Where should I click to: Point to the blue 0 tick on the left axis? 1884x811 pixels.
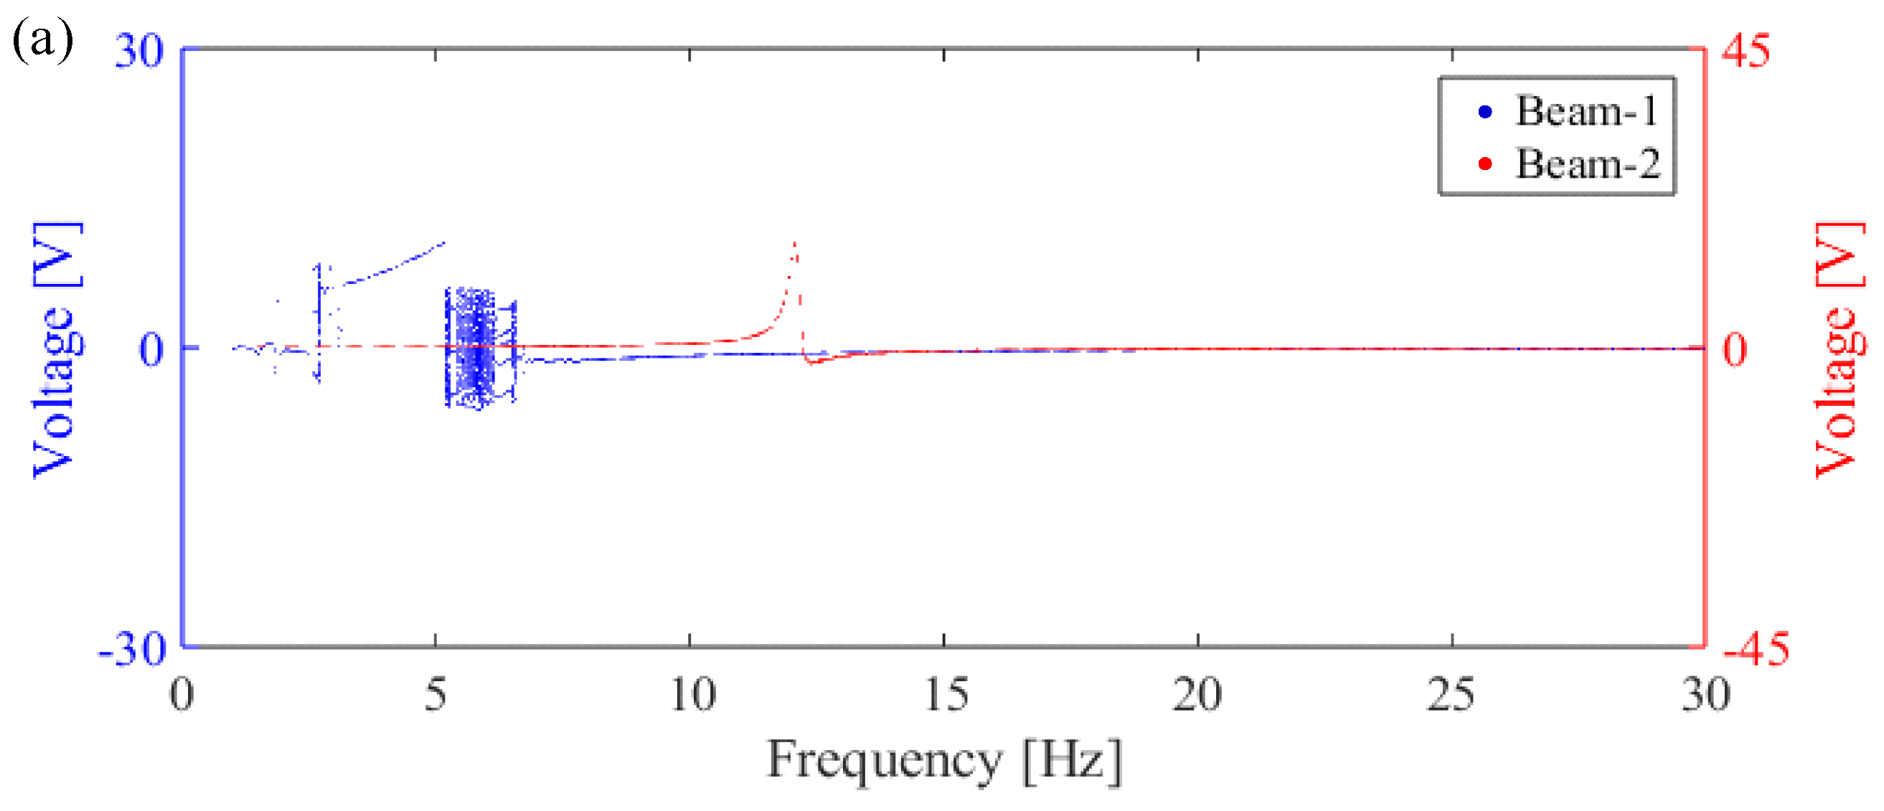click(x=151, y=349)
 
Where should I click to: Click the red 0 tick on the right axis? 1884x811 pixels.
click(x=1734, y=349)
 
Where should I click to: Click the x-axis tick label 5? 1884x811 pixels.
click(x=435, y=695)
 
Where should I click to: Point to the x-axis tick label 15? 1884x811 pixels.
click(x=946, y=695)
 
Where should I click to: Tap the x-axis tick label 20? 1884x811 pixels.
click(x=1197, y=695)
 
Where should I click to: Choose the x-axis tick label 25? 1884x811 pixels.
click(x=1451, y=695)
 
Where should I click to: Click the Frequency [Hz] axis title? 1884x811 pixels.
click(x=943, y=761)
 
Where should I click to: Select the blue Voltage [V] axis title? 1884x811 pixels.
click(x=57, y=349)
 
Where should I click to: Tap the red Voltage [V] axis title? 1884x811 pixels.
click(x=1840, y=349)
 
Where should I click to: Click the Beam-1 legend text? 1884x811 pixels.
click(x=1586, y=111)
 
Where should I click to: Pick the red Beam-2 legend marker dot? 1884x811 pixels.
click(x=1485, y=163)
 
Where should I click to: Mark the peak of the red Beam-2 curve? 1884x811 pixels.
click(x=795, y=243)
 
